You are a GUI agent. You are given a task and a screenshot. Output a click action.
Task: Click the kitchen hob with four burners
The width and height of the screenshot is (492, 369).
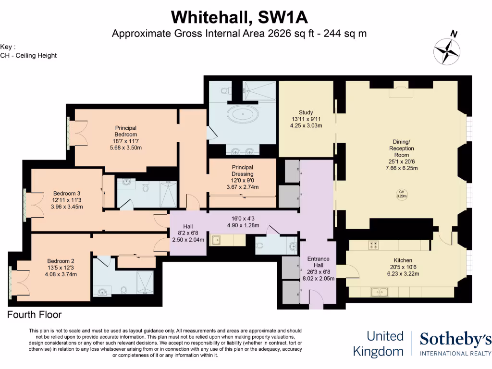tap(373, 245)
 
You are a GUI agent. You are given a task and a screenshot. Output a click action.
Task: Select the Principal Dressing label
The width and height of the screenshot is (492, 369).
tap(242, 177)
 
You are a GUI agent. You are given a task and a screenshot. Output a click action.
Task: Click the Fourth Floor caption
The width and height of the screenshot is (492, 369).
tap(35, 315)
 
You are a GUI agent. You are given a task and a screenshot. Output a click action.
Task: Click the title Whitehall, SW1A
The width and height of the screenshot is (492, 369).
tap(239, 17)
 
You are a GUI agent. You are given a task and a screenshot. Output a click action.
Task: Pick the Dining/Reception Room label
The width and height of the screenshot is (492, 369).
tap(402, 155)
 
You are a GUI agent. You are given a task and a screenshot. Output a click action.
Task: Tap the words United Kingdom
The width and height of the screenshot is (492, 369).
tap(378, 344)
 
